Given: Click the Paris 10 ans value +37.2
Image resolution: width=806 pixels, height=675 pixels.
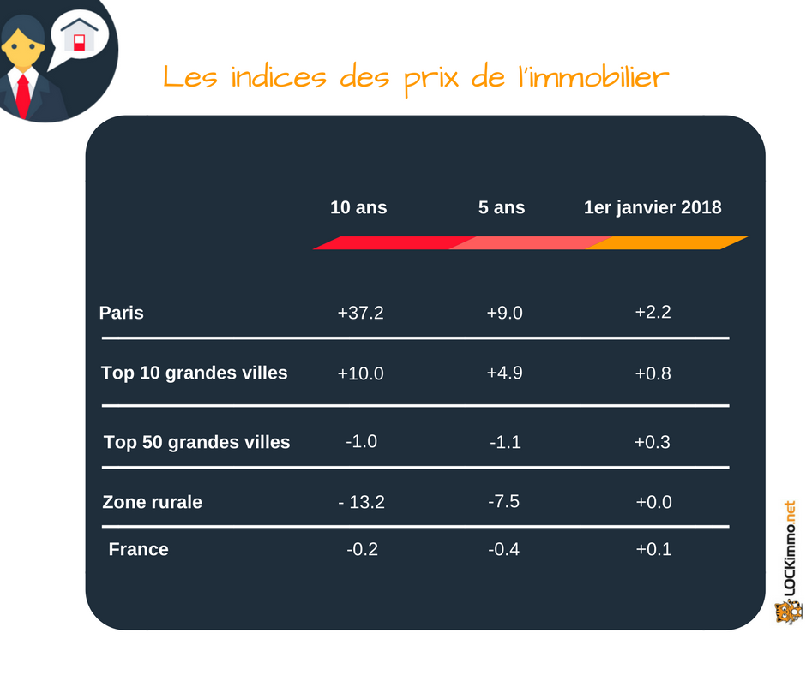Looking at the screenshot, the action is (x=360, y=313).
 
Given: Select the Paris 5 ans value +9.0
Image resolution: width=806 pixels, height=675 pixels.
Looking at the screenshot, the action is (x=504, y=313).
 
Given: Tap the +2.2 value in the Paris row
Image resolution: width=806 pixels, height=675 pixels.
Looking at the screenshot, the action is (x=653, y=312).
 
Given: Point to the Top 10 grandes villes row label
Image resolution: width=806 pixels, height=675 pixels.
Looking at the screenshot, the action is (x=195, y=373).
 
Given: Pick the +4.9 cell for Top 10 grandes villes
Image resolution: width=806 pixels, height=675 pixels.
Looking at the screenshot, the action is (x=504, y=373).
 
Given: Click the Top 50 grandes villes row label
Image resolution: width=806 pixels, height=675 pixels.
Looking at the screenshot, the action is (x=197, y=443).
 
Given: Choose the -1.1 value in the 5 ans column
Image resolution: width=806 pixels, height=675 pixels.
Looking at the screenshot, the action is (x=505, y=442).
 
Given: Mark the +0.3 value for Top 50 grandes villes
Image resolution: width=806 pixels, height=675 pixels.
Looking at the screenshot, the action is (x=653, y=442).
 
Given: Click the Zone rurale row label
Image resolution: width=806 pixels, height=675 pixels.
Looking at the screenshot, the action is (x=152, y=502).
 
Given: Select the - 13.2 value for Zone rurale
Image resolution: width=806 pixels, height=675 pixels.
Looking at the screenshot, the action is (x=361, y=502).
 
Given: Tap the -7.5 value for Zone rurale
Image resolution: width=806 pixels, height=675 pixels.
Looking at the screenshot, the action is (x=504, y=501).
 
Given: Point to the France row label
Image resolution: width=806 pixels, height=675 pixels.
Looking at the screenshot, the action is (x=138, y=549).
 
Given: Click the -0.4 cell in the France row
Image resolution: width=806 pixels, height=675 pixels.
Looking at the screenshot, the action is (x=504, y=549).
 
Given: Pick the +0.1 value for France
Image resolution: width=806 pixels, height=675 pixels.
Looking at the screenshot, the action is (x=654, y=549).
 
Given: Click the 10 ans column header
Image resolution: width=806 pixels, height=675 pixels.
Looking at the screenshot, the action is (x=358, y=207).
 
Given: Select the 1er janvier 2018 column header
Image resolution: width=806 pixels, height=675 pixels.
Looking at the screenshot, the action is (x=653, y=207).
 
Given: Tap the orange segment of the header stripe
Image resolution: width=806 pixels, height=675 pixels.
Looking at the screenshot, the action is (x=667, y=243).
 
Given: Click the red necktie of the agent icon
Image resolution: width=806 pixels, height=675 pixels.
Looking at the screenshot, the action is (x=22, y=95).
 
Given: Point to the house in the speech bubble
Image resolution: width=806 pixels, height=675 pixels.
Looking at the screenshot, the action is (x=79, y=35).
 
